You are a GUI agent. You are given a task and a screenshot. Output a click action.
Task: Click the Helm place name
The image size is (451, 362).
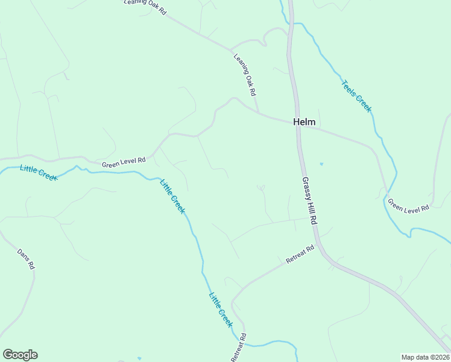coord(304,122)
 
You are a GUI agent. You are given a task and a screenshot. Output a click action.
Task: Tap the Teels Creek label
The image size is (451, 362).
coord(356,96)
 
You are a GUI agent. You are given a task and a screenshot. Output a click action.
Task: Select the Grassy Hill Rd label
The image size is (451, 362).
coord(309,202)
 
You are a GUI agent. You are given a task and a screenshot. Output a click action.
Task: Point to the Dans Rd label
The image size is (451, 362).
coord(25,259)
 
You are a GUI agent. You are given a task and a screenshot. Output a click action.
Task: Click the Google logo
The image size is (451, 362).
coord(20,355)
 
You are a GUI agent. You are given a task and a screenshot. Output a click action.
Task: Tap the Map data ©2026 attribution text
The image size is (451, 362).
coord(425,357)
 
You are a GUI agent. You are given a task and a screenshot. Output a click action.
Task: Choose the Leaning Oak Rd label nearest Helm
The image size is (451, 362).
coord(245,75)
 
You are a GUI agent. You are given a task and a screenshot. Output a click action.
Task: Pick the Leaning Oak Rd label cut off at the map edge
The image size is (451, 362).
coord(145,5)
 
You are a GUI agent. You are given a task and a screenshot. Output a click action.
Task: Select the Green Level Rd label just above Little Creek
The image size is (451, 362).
coord(124,162)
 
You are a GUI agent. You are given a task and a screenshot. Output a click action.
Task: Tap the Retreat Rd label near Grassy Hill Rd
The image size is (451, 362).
coord(300,254)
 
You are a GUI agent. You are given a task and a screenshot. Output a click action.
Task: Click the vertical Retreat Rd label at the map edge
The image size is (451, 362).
coord(239,348)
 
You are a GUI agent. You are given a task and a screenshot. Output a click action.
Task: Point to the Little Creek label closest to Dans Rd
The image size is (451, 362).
coord(37,173)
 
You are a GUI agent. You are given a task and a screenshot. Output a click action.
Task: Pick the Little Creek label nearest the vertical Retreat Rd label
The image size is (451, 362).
coord(221,309)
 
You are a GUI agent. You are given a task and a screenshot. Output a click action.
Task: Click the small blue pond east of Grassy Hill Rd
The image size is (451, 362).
coord(321,164)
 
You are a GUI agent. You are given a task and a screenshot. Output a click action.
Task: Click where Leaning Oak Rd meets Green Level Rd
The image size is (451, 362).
coord(259,113)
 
